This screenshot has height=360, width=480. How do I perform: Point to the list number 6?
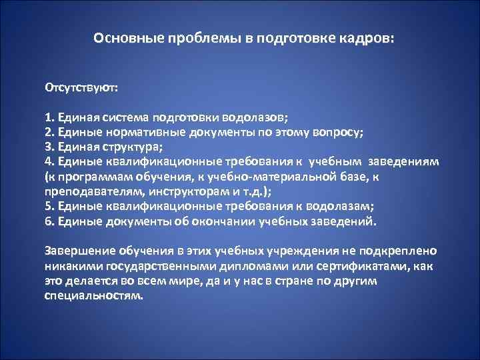pos(48,221)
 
